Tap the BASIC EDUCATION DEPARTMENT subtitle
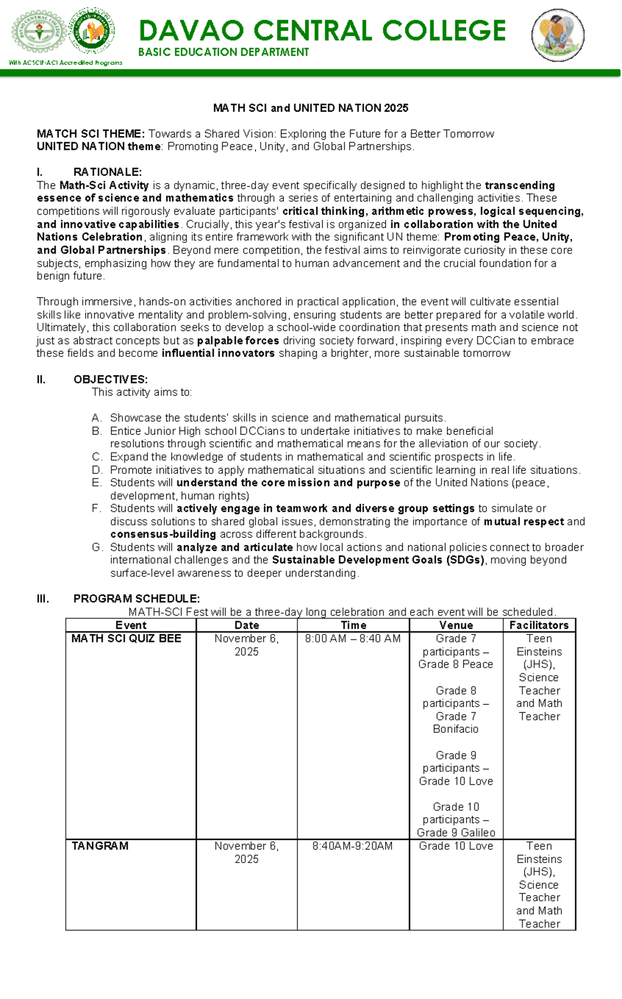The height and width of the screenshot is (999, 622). (x=223, y=52)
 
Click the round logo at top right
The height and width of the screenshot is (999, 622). (x=558, y=35)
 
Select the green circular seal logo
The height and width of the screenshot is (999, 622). (x=92, y=31)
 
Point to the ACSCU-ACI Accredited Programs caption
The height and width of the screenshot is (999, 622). (x=65, y=63)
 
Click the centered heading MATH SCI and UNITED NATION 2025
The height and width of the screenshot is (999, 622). (x=310, y=108)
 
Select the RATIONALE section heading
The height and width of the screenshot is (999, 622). (x=107, y=172)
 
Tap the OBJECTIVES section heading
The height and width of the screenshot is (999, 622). (x=110, y=379)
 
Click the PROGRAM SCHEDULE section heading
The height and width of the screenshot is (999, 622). (x=136, y=599)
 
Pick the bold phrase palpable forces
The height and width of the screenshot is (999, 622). (x=238, y=341)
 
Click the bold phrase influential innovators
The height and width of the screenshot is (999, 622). (x=218, y=353)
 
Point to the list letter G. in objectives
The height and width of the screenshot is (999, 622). (x=97, y=547)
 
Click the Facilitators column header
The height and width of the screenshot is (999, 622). (x=539, y=625)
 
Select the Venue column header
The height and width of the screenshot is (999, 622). (x=456, y=625)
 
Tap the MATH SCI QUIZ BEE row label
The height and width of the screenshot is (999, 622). (x=126, y=639)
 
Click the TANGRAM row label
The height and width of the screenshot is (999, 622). (x=100, y=846)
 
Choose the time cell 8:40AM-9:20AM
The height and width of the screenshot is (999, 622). (x=352, y=846)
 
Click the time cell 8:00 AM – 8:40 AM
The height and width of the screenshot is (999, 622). (x=352, y=639)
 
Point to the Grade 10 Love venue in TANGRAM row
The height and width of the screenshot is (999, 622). (x=456, y=846)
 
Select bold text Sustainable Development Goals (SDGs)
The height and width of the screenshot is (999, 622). (x=379, y=560)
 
